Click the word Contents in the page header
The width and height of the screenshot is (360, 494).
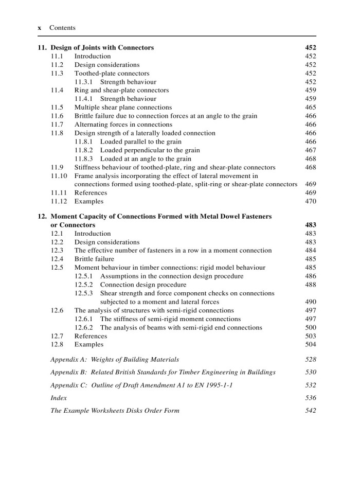pos(62,28)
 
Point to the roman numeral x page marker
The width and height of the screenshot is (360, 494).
pos(40,28)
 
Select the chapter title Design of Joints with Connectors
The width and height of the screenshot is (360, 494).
pos(102,48)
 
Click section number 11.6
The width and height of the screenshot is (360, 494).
pos(57,116)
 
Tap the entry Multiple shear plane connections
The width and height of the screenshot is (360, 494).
pos(123,108)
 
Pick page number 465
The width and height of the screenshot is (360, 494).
pos(310,108)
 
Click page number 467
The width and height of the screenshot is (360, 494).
pos(310,150)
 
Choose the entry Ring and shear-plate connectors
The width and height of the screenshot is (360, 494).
pos(121,91)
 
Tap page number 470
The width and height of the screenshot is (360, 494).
pos(310,201)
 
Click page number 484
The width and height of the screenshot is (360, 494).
pos(310,251)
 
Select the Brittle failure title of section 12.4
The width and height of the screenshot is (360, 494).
pos(94,259)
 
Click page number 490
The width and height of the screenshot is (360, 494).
pos(310,302)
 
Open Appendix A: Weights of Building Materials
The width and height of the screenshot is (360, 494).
pos(115,359)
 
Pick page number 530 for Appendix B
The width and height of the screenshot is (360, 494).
pos(310,372)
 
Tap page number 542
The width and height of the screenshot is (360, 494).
pos(310,411)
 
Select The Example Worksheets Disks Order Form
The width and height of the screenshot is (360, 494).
pos(115,411)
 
